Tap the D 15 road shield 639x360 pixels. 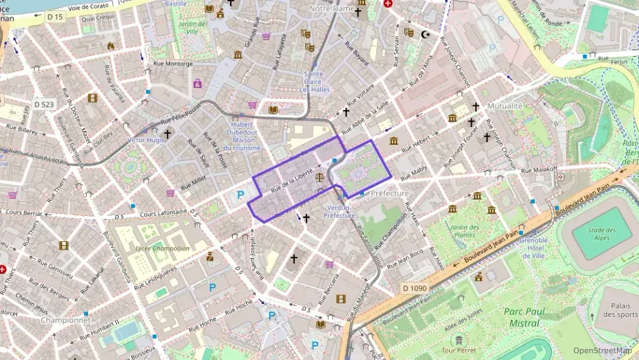[x=55, y=16]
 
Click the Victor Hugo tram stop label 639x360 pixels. [x=146, y=139]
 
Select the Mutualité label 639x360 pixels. [x=505, y=106]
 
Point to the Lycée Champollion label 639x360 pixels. [x=162, y=249]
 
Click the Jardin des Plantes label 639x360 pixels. [x=464, y=231]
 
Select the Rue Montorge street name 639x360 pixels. [x=174, y=64]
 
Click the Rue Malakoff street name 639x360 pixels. [x=539, y=169]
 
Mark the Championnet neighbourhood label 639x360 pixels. [x=66, y=319]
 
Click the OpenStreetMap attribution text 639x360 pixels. [x=602, y=351]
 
